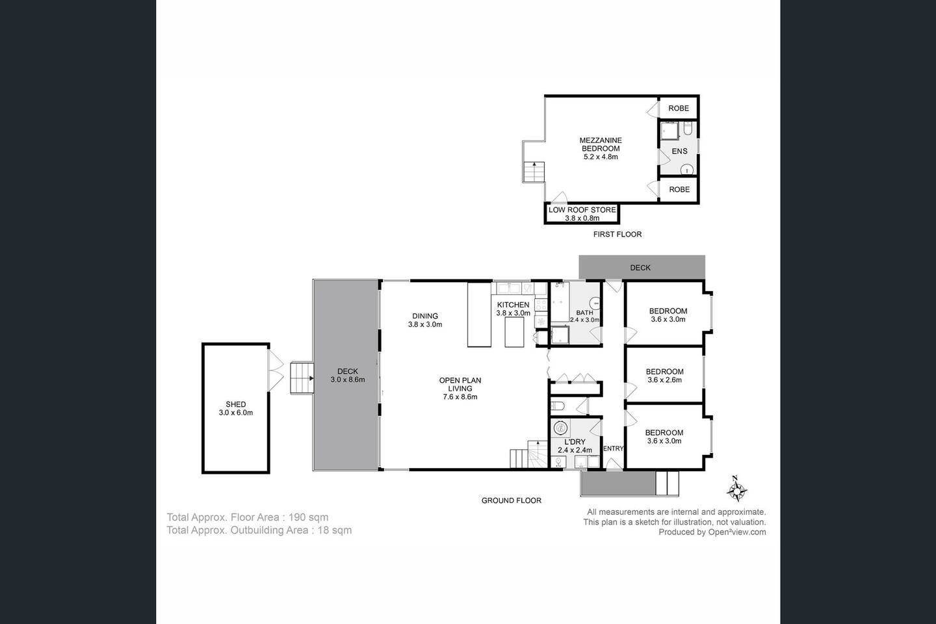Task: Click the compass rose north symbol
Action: pos(736,489)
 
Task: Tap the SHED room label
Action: pos(236,404)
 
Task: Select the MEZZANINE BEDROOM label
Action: pos(601,144)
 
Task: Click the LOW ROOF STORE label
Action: pos(582,210)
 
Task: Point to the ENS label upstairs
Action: pos(679,151)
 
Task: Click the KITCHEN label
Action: pos(513,305)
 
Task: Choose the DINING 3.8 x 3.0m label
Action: pos(425,320)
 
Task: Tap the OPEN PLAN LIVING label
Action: pos(460,384)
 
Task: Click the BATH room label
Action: pos(584,313)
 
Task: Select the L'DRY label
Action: pos(575,442)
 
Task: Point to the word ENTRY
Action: pos(613,448)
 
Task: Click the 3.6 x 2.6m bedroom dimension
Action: pos(664,380)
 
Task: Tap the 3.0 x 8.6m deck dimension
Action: pos(348,380)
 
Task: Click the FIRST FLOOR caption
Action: pos(617,235)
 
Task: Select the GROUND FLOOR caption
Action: pos(511,500)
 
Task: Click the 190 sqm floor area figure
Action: pos(308,517)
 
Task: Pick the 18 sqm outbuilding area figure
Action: pos(335,530)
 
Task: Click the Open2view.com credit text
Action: pos(737,532)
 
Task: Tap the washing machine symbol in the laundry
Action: pos(560,428)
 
